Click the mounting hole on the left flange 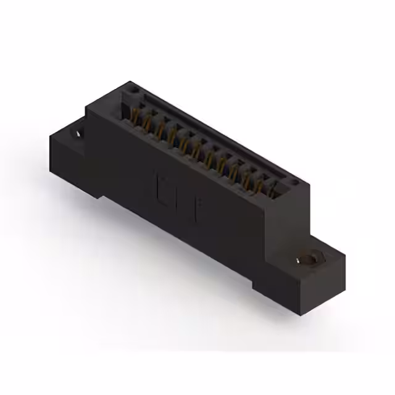tap(79, 131)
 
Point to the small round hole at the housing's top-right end tap(296, 182)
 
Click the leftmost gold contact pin tap(135, 115)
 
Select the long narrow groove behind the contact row tap(216, 133)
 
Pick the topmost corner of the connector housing tap(130, 81)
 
